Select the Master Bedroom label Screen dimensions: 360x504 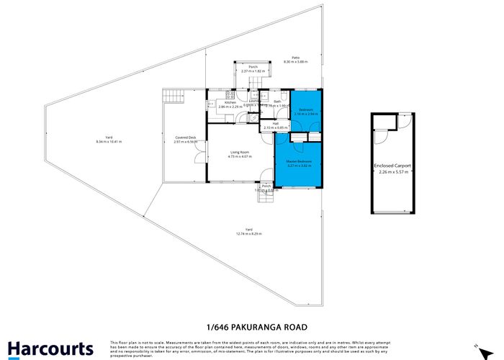pyautogui.click(x=298, y=161)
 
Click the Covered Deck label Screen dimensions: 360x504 pyautogui.click(x=186, y=138)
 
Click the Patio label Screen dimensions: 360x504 pyautogui.click(x=295, y=58)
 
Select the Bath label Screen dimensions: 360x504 pyautogui.click(x=267, y=102)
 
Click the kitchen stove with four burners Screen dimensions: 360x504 pyautogui.click(x=230, y=94)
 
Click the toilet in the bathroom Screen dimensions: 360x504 pyautogui.click(x=284, y=96)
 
